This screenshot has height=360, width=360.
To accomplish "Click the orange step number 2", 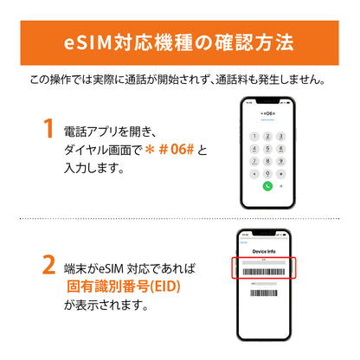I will click(x=49, y=265).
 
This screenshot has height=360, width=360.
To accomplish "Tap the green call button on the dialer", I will click(x=268, y=186).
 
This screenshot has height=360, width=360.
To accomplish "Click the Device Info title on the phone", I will click(x=268, y=251).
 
